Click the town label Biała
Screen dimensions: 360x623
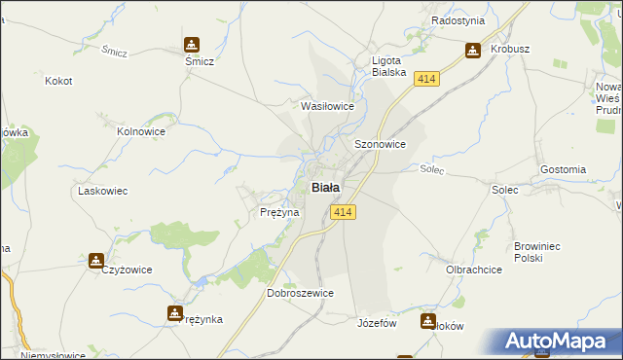[x=325, y=188]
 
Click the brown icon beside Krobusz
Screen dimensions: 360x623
[x=473, y=50]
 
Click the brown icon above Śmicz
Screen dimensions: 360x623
[x=191, y=43]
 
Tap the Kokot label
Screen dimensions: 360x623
[x=58, y=81]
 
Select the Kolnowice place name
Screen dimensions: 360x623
[x=137, y=129]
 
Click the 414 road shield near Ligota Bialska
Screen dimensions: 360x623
[x=424, y=78]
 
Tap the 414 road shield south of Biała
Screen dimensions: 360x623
[x=342, y=212]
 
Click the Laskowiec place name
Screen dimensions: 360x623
[x=103, y=192]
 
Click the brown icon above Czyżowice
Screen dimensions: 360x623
[x=96, y=261]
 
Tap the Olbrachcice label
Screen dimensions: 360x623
[x=472, y=269]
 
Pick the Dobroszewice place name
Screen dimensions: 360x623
[x=301, y=293]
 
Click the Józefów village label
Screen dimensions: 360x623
[x=379, y=323]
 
